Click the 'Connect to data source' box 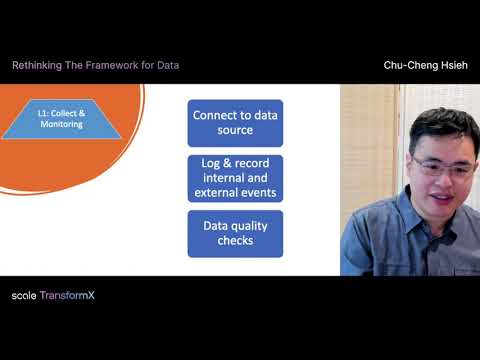235,123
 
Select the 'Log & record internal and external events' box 235,178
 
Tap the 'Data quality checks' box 235,233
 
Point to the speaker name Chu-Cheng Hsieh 424,65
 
